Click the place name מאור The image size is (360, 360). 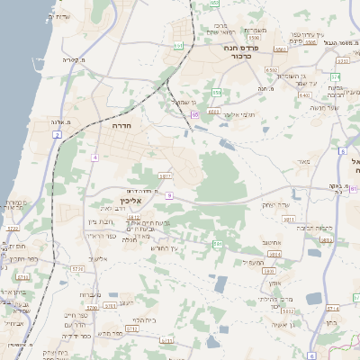(x=301, y=161)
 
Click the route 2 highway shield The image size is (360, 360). (x=57, y=134)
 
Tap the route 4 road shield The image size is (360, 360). (x=94, y=157)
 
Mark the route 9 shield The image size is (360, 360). (x=168, y=194)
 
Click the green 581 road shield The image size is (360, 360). (x=217, y=244)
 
